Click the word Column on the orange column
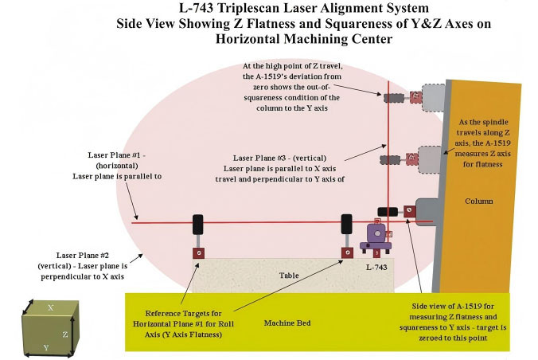(478, 201)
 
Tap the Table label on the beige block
(289, 276)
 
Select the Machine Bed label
(287, 323)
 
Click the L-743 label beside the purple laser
(376, 268)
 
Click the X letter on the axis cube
(50, 307)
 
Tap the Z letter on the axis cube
(65, 334)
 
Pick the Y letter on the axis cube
(46, 347)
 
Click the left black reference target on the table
(197, 225)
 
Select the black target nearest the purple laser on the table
(346, 224)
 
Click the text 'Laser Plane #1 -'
(117, 155)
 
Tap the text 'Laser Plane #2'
(82, 255)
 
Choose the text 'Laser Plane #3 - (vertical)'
(279, 158)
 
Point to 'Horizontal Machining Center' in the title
(304, 38)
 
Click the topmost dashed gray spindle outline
(433, 97)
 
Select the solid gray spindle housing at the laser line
(427, 212)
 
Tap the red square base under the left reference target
(199, 253)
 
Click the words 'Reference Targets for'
(183, 313)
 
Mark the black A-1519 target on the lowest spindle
(388, 212)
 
